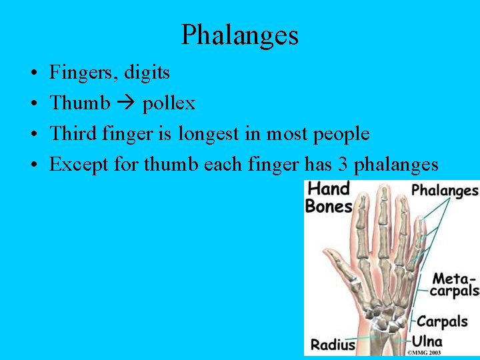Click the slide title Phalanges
click(x=239, y=35)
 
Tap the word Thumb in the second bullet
click(x=80, y=103)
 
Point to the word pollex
click(x=169, y=103)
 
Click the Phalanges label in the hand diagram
click(x=445, y=191)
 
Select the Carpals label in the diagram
click(x=442, y=321)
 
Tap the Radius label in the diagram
click(x=333, y=344)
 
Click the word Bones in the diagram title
click(x=328, y=206)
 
